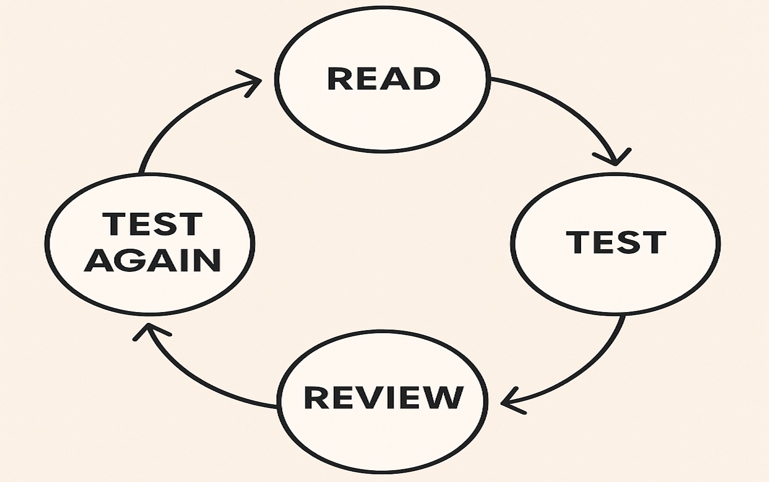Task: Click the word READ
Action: click(384, 79)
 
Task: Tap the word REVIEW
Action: click(383, 397)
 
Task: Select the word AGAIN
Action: click(152, 260)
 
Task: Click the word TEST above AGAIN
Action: click(152, 224)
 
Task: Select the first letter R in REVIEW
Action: click(316, 397)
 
